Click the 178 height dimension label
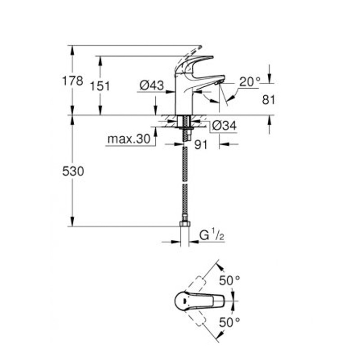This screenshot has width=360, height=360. [x=72, y=81]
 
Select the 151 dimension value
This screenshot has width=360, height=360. [x=100, y=86]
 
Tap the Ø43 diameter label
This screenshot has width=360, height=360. [x=151, y=85]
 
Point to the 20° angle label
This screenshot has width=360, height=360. [x=250, y=82]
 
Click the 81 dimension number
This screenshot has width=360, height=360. [x=269, y=100]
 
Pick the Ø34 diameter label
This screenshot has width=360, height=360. [x=224, y=126]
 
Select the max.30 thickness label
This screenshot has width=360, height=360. [x=128, y=139]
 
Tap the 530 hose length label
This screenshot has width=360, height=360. [x=73, y=171]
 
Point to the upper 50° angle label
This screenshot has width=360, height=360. [x=229, y=280]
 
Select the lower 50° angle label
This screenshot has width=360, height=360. [x=229, y=322]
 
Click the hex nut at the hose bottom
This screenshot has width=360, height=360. [x=184, y=223]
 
